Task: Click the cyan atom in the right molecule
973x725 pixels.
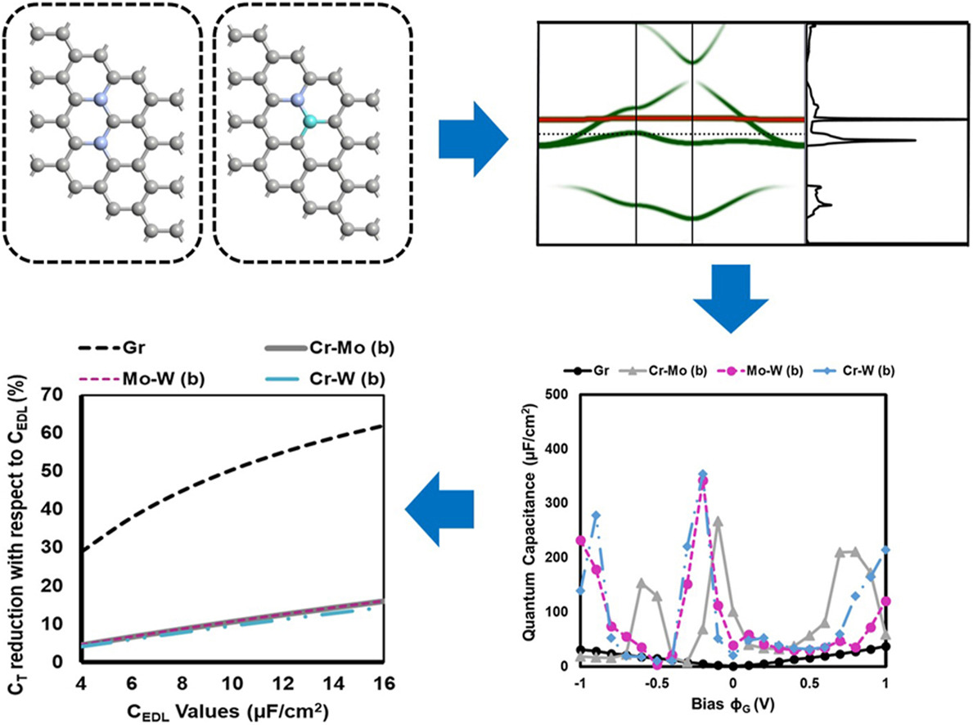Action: pos(309,121)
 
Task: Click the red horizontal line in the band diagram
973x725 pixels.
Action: pos(671,119)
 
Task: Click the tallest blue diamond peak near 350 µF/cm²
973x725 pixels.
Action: pos(702,475)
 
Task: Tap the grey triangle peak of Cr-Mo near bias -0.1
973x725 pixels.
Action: pos(718,520)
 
